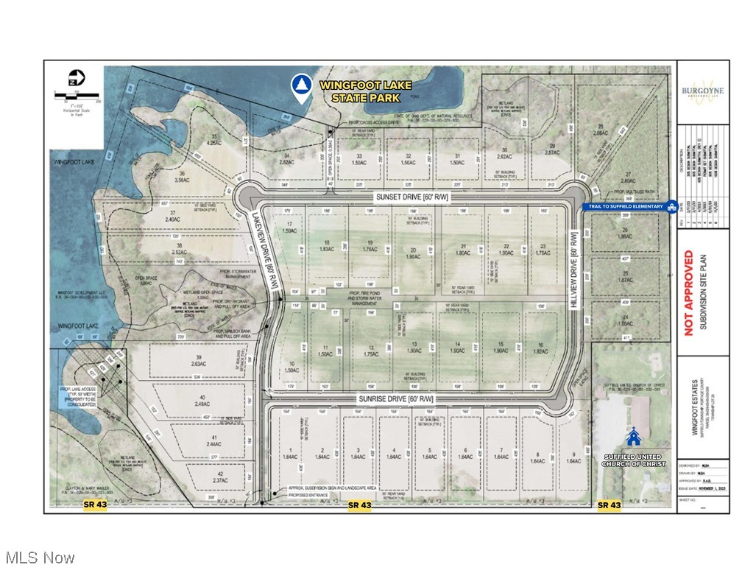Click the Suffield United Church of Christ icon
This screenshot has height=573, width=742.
tap(632, 438)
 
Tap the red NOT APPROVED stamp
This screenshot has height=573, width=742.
tap(689, 292)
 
